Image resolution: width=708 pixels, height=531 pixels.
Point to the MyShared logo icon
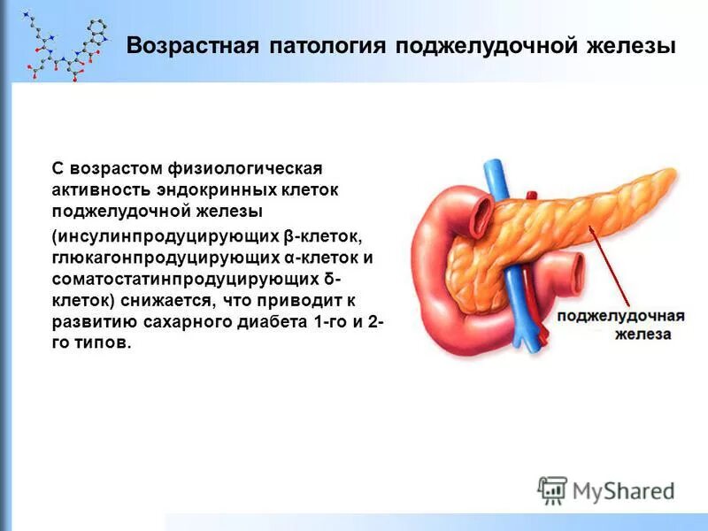tap(553, 489)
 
